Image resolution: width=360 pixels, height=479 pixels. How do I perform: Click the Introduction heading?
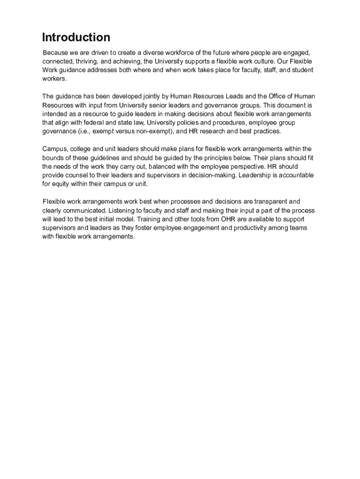76,37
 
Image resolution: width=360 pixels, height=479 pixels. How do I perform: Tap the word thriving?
82,61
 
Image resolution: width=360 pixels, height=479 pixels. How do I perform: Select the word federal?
90,123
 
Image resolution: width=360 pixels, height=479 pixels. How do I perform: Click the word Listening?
122,210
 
